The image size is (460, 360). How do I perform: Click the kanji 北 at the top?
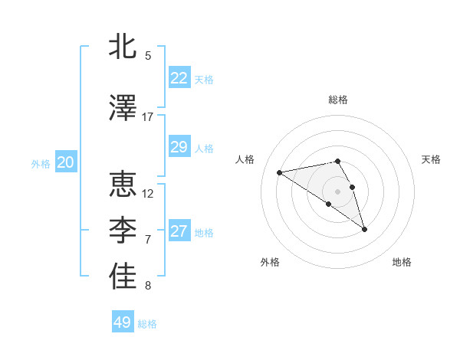[x=123, y=47]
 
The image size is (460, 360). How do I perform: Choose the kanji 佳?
[x=123, y=277]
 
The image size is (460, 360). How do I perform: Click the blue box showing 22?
[x=179, y=77]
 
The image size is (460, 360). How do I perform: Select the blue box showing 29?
[x=179, y=147]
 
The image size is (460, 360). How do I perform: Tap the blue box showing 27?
[x=179, y=231]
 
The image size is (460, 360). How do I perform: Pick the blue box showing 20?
[x=65, y=162]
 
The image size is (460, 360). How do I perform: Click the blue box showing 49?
[x=123, y=322]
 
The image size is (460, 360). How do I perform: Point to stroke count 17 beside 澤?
[x=148, y=117]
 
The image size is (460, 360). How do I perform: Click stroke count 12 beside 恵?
[x=148, y=194]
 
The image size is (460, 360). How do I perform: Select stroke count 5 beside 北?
[x=148, y=56]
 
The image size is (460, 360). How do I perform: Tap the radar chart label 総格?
[x=338, y=100]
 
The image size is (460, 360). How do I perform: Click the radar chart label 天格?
[x=431, y=159]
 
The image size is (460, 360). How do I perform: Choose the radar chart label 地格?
[x=402, y=262]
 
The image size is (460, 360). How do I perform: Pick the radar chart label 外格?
[x=270, y=262]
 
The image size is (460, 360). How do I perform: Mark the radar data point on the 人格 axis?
[x=279, y=172]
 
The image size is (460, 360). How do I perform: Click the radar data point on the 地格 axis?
[x=364, y=228]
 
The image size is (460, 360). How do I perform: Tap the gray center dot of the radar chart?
[x=337, y=191]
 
